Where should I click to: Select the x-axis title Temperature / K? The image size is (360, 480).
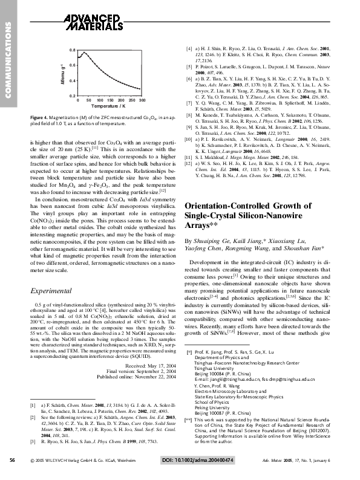111,106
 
